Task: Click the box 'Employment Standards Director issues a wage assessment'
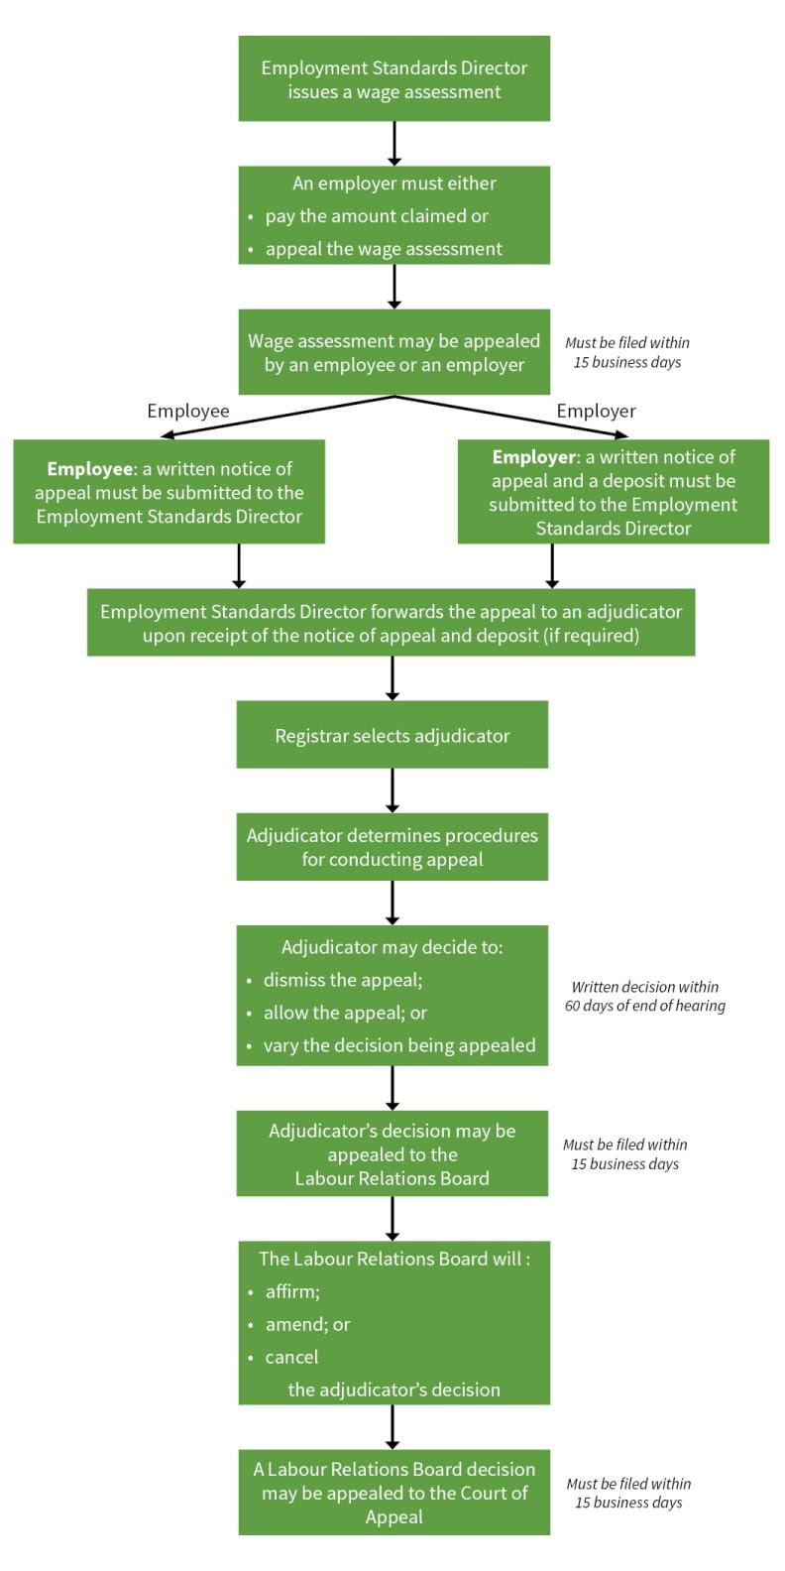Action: [393, 79]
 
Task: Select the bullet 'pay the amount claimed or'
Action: [376, 216]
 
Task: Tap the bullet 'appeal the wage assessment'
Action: [383, 249]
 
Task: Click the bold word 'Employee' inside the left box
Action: [89, 469]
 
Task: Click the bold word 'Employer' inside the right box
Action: [534, 457]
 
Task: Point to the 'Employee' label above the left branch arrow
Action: [187, 411]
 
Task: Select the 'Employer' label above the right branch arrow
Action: [596, 411]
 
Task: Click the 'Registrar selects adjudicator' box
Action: [392, 735]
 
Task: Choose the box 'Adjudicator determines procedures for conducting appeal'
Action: [392, 847]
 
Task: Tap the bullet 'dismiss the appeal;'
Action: [342, 980]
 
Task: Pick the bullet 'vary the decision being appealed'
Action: [398, 1045]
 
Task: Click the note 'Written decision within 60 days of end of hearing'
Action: [645, 996]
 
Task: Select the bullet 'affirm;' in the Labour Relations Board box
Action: [292, 1291]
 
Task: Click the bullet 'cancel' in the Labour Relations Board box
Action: [291, 1357]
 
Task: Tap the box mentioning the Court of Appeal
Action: [393, 1493]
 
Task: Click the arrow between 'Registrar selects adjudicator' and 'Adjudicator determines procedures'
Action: [392, 790]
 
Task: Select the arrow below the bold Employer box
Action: [552, 565]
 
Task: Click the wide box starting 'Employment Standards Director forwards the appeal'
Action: [391, 623]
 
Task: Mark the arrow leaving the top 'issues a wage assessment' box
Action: [394, 143]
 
